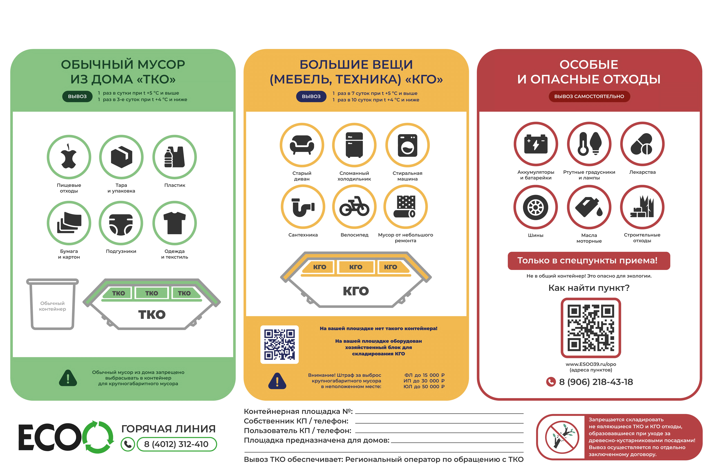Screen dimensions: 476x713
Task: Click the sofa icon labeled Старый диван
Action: pyautogui.click(x=302, y=145)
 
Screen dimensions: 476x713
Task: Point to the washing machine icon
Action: pyautogui.click(x=407, y=145)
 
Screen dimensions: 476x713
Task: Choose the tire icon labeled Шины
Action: pyautogui.click(x=535, y=207)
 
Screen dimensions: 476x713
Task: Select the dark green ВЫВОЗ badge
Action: pyautogui.click(x=77, y=97)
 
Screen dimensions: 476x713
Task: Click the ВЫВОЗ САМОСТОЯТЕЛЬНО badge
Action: pyautogui.click(x=589, y=97)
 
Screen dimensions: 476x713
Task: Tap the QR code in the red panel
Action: pyautogui.click(x=591, y=328)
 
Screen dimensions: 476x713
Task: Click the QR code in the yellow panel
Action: pyautogui.click(x=279, y=345)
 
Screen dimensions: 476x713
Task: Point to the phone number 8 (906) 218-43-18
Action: pyautogui.click(x=596, y=382)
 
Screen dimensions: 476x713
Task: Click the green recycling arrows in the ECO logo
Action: pyautogui.click(x=98, y=437)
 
